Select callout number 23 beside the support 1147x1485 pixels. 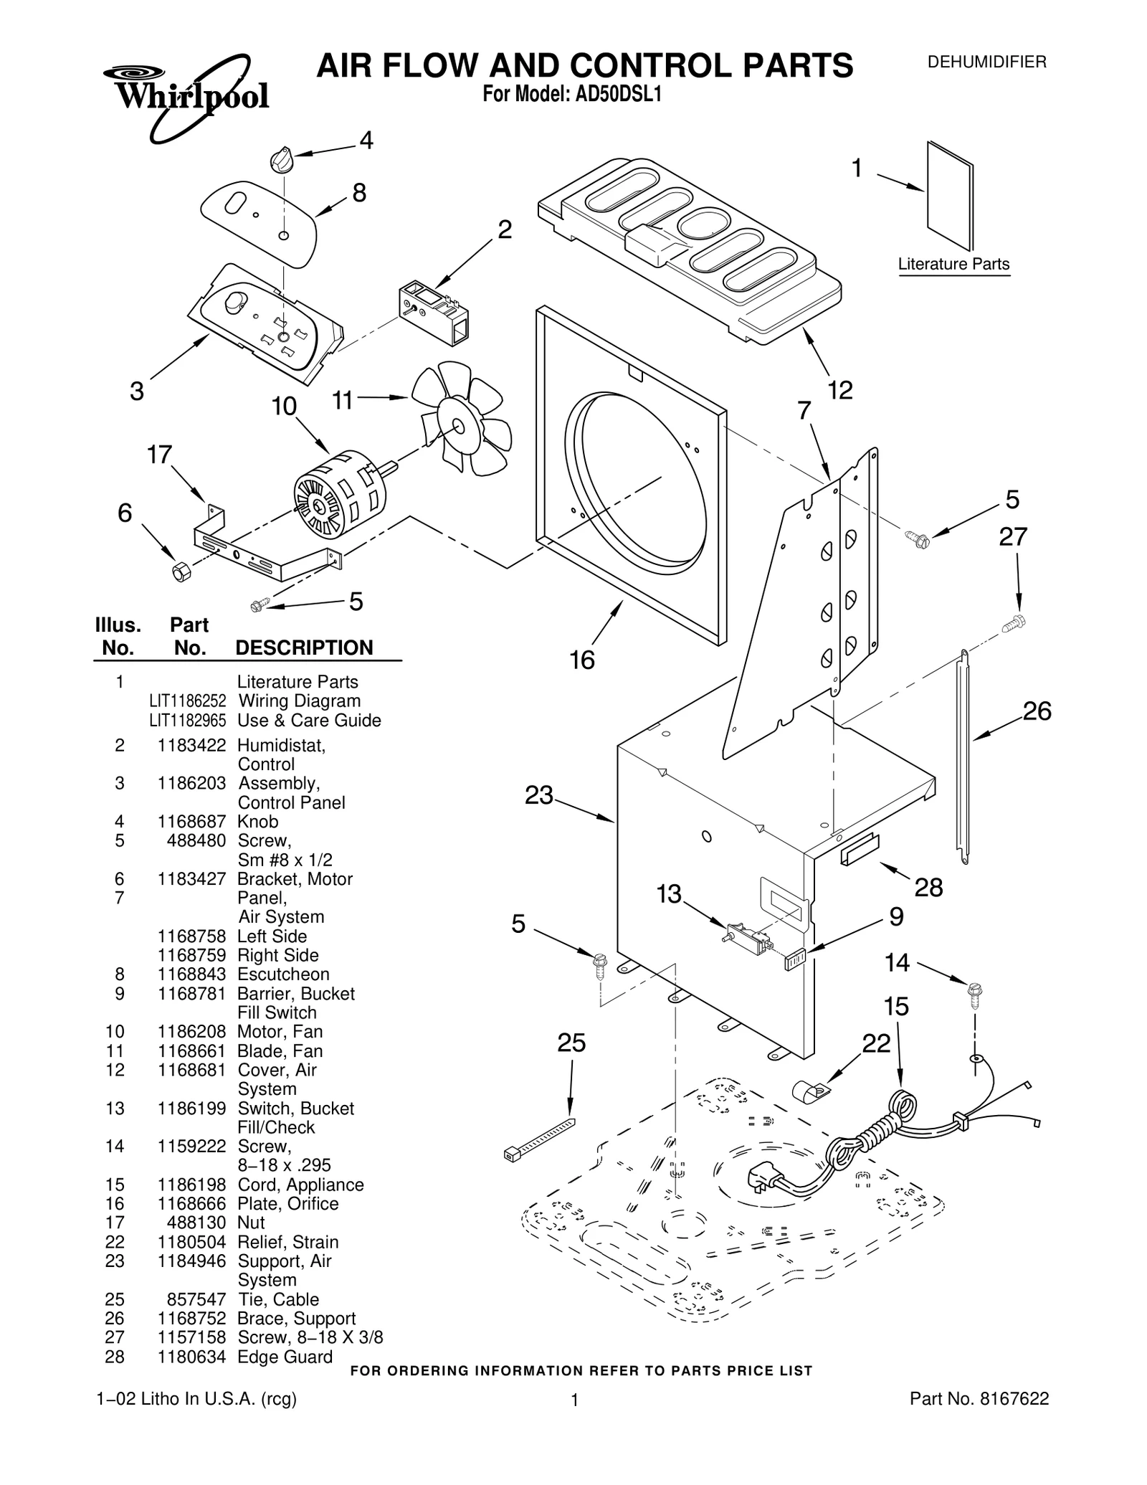(x=539, y=795)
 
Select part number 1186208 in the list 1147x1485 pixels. (x=191, y=1032)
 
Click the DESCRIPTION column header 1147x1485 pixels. (x=304, y=647)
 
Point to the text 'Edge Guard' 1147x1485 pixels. (x=285, y=1357)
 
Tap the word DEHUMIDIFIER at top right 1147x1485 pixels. (x=986, y=62)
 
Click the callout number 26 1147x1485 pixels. (x=1036, y=711)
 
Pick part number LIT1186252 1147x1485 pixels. (x=187, y=701)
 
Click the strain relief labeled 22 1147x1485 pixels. (x=809, y=1093)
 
